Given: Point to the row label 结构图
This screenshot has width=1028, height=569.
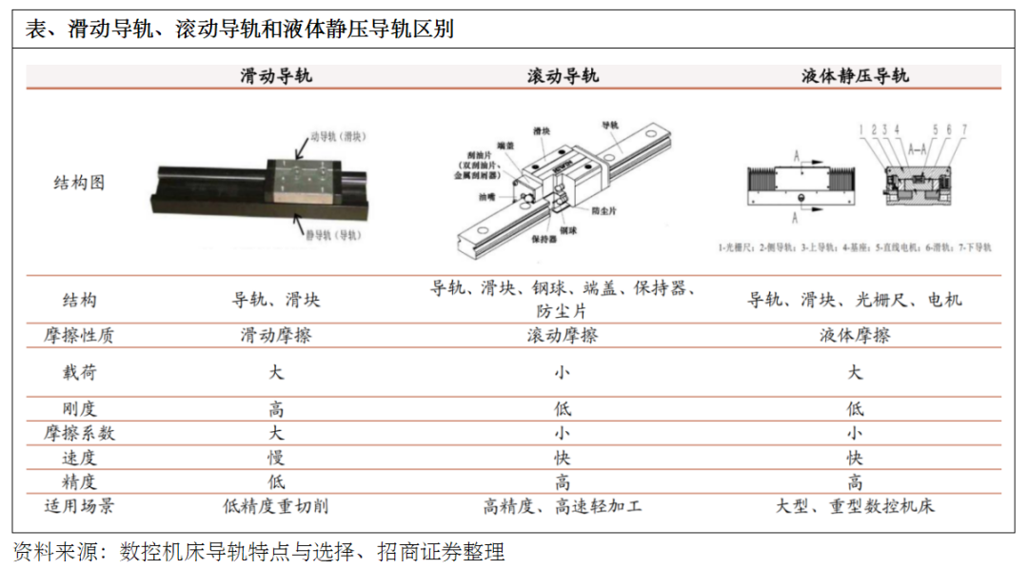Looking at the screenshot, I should (78, 183).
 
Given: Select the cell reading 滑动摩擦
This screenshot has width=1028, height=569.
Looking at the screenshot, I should (276, 335).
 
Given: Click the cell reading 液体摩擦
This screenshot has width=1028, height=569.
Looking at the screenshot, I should (855, 335).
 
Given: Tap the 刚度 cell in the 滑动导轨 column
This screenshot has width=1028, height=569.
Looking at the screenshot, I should (276, 409).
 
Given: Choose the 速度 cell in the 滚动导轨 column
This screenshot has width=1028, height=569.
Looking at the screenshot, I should (563, 458).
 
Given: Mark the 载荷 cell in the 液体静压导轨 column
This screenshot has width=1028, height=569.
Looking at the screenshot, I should (855, 372).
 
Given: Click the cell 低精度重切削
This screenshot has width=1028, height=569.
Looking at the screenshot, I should (276, 505).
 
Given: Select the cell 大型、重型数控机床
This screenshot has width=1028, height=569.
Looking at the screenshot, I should (855, 505).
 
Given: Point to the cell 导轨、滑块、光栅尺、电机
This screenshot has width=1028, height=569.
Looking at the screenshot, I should (855, 299).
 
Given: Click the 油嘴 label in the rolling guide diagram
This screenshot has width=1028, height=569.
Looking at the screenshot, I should (488, 198).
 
